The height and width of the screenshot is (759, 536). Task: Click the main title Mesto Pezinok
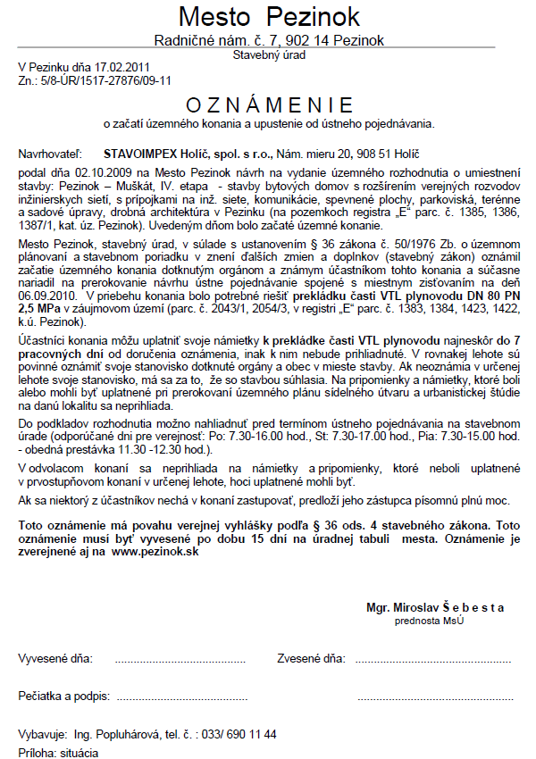(x=269, y=16)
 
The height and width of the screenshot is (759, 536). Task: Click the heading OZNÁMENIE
(x=269, y=104)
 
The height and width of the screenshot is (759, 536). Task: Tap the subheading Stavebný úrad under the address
(x=269, y=54)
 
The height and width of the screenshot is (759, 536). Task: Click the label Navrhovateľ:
(x=50, y=154)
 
